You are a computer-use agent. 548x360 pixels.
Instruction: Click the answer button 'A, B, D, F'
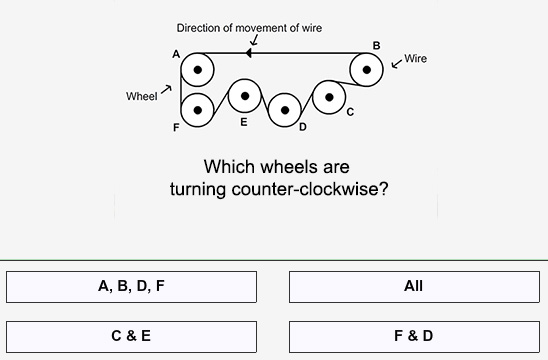tap(131, 287)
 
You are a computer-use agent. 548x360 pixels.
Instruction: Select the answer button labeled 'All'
tap(414, 287)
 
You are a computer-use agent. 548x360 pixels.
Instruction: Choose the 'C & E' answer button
tap(131, 336)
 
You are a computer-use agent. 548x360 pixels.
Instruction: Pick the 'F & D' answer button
tap(414, 336)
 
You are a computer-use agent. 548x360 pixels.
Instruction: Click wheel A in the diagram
tap(198, 70)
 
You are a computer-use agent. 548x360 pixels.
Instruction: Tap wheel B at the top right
tap(367, 70)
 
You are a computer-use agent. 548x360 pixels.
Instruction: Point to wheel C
tap(329, 97)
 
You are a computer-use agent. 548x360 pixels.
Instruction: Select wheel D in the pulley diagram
tap(285, 109)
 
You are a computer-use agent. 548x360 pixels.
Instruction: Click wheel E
tap(245, 96)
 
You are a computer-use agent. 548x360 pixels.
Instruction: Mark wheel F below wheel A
tap(198, 109)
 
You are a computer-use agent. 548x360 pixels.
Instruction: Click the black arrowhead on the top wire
tap(247, 52)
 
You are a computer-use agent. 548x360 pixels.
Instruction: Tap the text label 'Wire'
tap(416, 59)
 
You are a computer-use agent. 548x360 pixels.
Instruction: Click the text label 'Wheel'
tap(141, 96)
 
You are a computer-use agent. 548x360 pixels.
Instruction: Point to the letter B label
tap(376, 45)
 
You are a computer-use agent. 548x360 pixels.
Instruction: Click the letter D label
tap(302, 127)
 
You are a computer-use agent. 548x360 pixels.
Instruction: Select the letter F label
tap(176, 128)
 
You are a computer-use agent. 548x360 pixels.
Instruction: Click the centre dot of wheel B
tap(367, 70)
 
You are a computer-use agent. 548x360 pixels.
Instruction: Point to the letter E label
tap(243, 122)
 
